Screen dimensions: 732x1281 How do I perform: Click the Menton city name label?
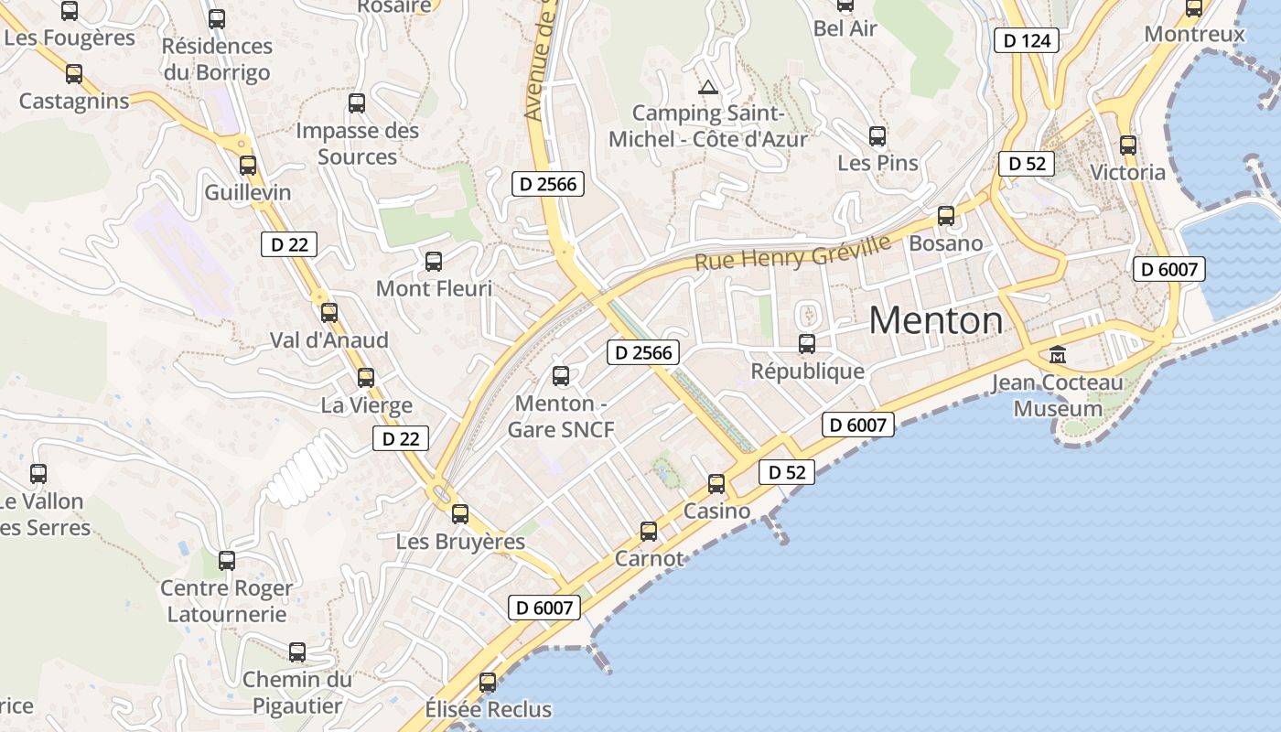[x=935, y=320]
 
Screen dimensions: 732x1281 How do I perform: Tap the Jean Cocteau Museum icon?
[x=1058, y=354]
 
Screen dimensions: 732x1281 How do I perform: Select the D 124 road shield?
[x=1026, y=40]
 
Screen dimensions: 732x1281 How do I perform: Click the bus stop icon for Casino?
[x=716, y=483]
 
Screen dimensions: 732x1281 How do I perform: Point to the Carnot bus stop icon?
[x=649, y=531]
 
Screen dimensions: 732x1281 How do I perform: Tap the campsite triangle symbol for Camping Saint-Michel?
[x=706, y=88]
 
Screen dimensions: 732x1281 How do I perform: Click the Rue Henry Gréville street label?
[x=792, y=253]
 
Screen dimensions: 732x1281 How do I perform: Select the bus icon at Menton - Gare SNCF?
[x=561, y=375]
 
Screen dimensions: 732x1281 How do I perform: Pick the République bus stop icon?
[x=807, y=344]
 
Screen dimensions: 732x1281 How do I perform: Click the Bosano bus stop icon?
[x=946, y=217]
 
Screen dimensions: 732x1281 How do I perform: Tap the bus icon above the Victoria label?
[x=1128, y=145]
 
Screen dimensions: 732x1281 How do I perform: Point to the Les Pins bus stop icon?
[x=877, y=136]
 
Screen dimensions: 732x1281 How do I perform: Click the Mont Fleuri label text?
[x=434, y=288]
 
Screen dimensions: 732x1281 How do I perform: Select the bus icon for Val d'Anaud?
[x=329, y=312]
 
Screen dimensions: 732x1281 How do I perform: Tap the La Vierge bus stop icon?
[x=366, y=377]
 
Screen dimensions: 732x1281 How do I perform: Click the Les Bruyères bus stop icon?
[x=460, y=514]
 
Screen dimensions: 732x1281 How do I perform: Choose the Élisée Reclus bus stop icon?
[x=488, y=682]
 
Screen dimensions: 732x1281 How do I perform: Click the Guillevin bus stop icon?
[x=248, y=166]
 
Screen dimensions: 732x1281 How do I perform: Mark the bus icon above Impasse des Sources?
[x=357, y=103]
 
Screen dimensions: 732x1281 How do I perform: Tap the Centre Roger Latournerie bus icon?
[x=227, y=560]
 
